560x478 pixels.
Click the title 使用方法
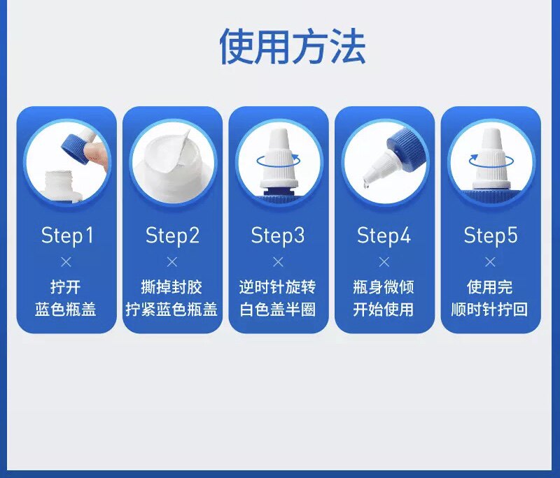(x=292, y=47)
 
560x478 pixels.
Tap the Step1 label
(x=67, y=236)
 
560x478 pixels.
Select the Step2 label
(x=172, y=236)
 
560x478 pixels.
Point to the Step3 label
(x=278, y=236)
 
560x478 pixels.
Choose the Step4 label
(x=384, y=236)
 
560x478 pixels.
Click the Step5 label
(x=491, y=236)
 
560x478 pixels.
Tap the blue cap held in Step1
(x=76, y=149)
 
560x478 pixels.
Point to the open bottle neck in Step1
(x=59, y=181)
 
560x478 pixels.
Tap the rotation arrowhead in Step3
(x=295, y=157)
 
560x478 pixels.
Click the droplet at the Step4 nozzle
(x=366, y=184)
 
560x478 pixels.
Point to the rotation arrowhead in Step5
(x=474, y=157)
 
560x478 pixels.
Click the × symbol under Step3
(x=278, y=262)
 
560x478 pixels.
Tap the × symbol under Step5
(x=491, y=262)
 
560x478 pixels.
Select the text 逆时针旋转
(x=277, y=287)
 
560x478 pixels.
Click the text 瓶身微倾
(x=384, y=287)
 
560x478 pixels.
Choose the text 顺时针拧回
(x=489, y=310)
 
